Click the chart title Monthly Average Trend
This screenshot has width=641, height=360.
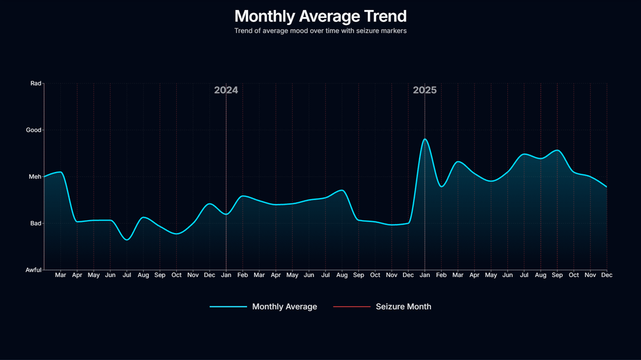[x=320, y=16]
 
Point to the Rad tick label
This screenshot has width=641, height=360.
[x=36, y=84]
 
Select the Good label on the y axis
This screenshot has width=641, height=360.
[x=34, y=130]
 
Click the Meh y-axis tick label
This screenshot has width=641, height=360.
[x=36, y=177]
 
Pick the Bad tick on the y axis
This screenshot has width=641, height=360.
[x=36, y=224]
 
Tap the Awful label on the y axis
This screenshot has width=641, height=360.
[x=34, y=270]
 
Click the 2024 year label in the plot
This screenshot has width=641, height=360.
[x=226, y=90]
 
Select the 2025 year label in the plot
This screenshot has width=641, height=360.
[x=425, y=90]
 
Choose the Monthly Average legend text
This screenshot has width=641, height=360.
[x=284, y=307]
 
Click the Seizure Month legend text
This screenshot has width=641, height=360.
[x=404, y=307]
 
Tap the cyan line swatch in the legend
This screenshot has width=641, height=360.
[x=228, y=307]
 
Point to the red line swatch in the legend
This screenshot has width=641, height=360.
[x=351, y=307]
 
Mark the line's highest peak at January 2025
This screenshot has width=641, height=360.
[x=425, y=139]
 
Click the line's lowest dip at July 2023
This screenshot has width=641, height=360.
[x=127, y=240]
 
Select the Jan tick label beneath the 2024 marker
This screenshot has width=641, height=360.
[x=226, y=275]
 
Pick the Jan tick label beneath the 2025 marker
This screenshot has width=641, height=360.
[x=425, y=275]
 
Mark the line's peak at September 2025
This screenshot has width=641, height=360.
[x=557, y=150]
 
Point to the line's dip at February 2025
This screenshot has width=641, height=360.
[x=442, y=186]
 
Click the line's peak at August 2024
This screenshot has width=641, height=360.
[x=341, y=190]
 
